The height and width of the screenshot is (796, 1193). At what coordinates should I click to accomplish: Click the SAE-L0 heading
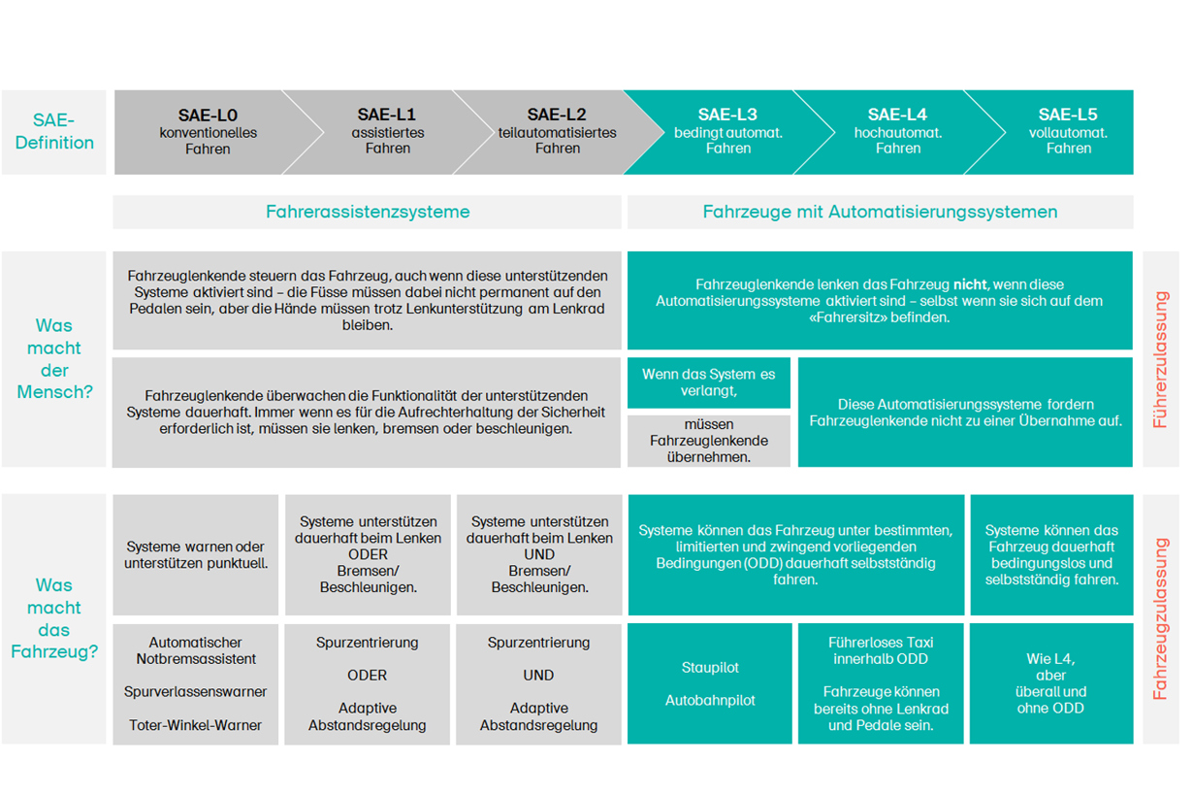click(208, 116)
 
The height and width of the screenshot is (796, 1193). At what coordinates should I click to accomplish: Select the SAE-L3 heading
click(727, 115)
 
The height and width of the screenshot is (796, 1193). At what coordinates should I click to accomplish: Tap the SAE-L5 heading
click(1068, 115)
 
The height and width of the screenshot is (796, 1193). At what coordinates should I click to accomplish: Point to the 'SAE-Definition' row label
click(53, 131)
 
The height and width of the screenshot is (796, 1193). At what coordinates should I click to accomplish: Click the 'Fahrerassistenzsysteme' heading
click(368, 212)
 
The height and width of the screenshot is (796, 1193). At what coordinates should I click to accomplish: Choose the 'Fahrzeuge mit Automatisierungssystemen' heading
click(880, 212)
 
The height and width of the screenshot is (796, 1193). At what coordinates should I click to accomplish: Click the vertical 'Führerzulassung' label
click(1160, 359)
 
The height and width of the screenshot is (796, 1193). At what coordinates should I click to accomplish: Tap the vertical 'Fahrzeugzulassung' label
click(1160, 618)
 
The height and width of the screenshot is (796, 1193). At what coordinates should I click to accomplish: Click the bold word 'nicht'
click(970, 284)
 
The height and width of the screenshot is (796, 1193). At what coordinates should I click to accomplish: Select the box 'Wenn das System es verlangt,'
click(708, 382)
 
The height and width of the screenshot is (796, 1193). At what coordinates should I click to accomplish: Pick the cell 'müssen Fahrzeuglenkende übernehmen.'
click(708, 441)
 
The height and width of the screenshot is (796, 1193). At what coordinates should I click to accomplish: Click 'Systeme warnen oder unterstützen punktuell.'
click(196, 555)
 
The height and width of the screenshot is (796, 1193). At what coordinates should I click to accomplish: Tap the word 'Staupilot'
click(710, 668)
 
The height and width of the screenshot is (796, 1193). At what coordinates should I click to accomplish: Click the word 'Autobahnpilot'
click(710, 700)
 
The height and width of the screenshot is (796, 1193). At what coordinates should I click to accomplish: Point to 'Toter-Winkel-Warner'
click(196, 725)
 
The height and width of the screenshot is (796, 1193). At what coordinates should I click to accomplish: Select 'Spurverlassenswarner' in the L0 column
click(196, 692)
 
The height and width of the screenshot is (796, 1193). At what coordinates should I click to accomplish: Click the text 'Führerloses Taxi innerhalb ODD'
click(881, 651)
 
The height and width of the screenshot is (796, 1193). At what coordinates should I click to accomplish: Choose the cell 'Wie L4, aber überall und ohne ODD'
click(1050, 683)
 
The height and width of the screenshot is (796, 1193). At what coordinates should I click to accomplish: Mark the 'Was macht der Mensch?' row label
click(54, 359)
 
